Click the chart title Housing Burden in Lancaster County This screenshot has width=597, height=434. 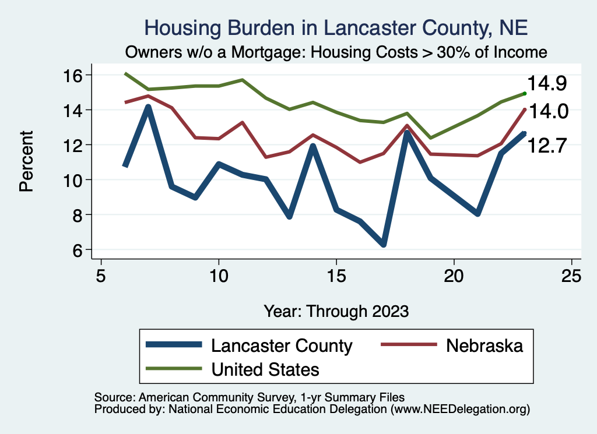tap(335, 27)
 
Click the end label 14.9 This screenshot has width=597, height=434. tap(547, 83)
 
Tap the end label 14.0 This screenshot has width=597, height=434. tap(547, 112)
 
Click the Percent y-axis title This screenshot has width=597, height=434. tap(26, 163)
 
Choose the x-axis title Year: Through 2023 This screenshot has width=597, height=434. tap(336, 310)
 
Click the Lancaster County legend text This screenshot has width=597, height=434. tap(282, 345)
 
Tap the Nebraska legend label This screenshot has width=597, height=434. tap(484, 345)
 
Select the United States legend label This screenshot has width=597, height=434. tap(265, 369)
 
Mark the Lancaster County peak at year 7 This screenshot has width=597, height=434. tap(149, 108)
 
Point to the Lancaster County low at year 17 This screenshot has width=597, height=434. tap(383, 244)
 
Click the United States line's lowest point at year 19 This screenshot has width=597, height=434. tap(430, 138)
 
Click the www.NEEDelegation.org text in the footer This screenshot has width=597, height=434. tap(460, 409)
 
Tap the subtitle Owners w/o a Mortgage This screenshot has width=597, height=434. tap(335, 52)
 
